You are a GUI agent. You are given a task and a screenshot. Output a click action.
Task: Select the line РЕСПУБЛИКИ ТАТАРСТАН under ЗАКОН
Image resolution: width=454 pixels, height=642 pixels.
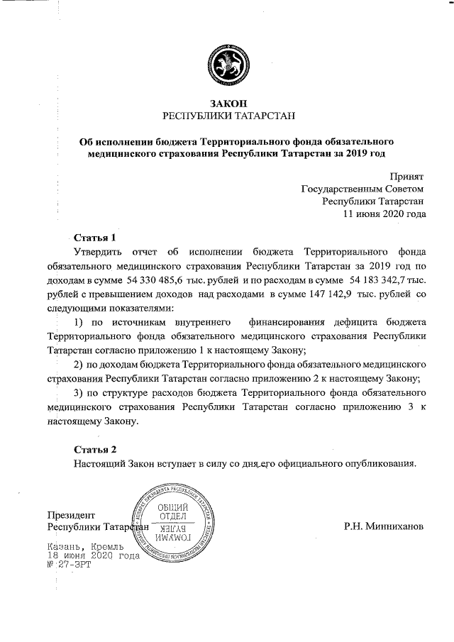click(228, 116)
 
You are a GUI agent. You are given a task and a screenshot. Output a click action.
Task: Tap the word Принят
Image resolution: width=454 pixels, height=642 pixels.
click(406, 175)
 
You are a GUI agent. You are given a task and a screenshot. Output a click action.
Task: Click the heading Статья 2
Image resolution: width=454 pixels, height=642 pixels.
click(94, 449)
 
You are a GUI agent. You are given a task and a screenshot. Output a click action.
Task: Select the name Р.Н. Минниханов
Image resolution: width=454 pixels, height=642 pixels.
click(383, 527)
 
